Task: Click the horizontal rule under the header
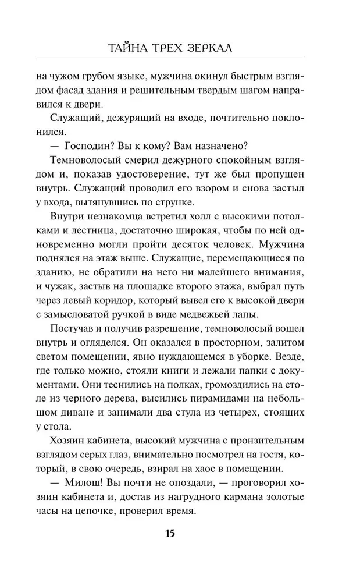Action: (180, 58)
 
